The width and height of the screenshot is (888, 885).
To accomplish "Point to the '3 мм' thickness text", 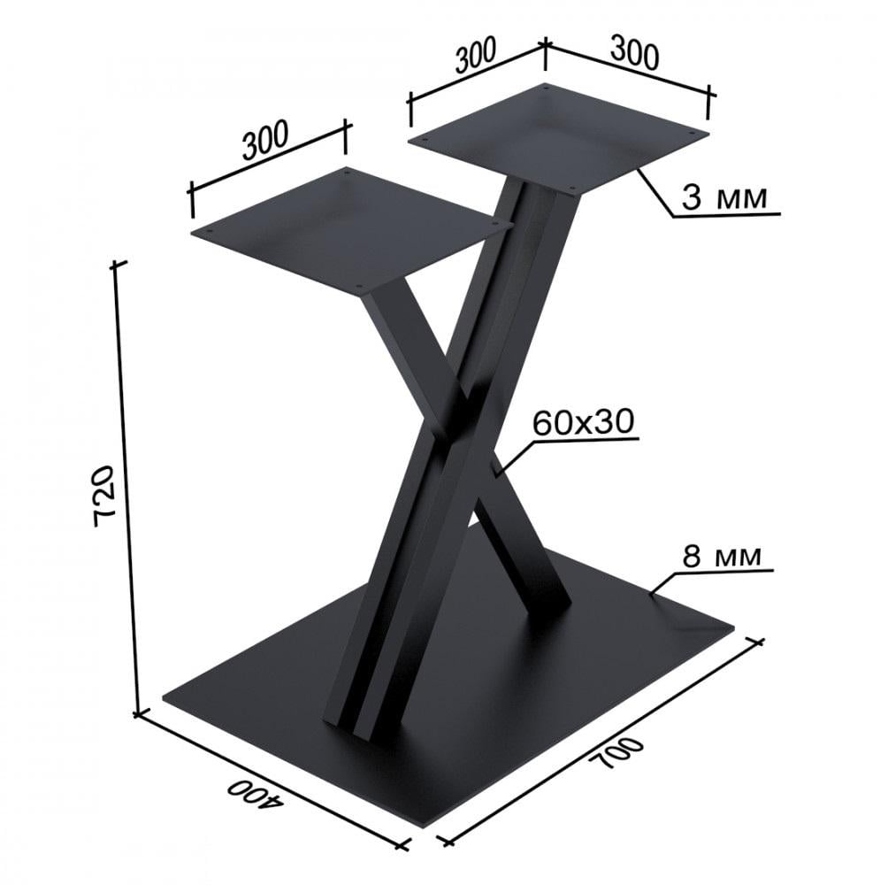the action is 724,197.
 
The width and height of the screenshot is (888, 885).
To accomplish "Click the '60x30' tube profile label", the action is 584,422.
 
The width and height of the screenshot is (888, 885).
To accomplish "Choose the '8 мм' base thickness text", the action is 721,557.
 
